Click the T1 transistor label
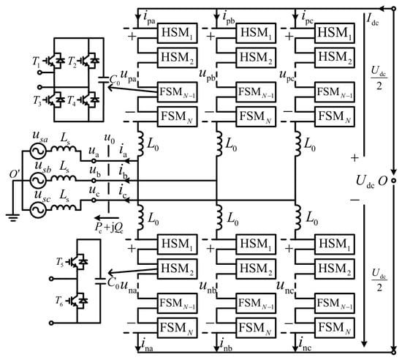tap(37, 61)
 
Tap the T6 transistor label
tap(59, 301)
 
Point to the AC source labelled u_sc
tap(39, 210)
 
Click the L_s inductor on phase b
tap(64, 178)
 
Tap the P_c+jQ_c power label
tap(109, 228)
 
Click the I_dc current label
tap(373, 19)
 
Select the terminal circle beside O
tap(394, 181)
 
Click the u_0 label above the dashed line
tap(110, 138)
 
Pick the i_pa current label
tap(149, 18)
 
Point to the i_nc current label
tap(305, 345)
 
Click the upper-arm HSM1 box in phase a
tap(177, 33)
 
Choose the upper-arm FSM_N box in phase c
tap(335, 117)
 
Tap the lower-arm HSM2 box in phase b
tap(256, 269)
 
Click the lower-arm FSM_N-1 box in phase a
tap(177, 304)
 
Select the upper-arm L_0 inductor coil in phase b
tap(219, 143)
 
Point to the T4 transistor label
tap(72, 100)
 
